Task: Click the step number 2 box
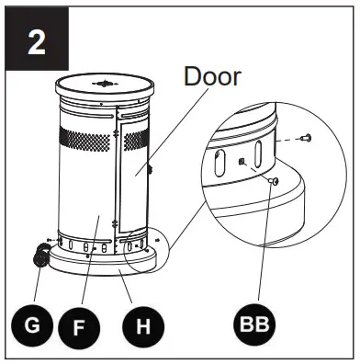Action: pos(36,43)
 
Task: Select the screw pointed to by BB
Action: pos(273,183)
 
